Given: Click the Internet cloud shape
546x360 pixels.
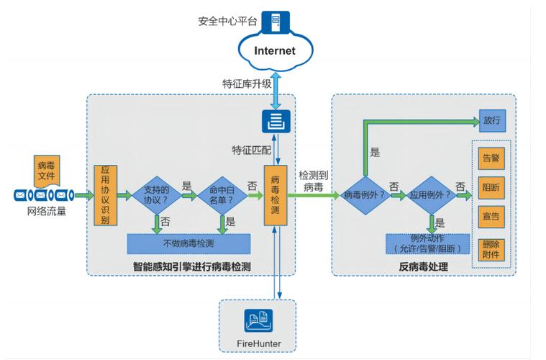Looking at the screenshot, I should [274, 50].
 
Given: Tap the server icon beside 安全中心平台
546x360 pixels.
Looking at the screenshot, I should [276, 22].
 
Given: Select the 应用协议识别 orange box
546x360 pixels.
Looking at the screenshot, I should [105, 195].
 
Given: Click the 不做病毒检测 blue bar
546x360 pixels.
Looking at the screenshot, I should [188, 243].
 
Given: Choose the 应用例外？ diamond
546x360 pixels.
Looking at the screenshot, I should [430, 195].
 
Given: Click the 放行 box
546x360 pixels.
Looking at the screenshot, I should [491, 120].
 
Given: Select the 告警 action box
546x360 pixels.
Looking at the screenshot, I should [491, 158].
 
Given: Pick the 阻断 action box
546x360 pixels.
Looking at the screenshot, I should [491, 187].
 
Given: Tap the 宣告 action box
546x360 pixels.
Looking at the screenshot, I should [491, 217].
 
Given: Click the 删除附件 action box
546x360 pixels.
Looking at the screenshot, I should [491, 249].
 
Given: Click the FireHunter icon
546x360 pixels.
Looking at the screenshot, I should [257, 318].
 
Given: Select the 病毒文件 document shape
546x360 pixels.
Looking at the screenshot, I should [45, 171].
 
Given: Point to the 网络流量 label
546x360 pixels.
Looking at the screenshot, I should [46, 212].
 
